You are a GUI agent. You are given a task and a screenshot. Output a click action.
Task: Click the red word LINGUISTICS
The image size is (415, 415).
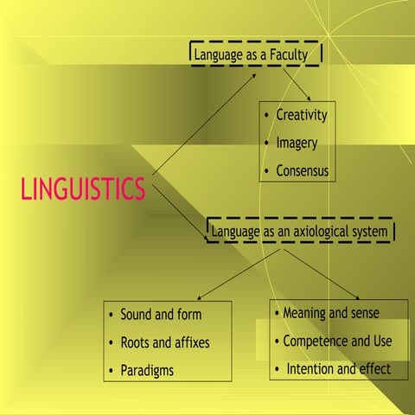click(x=83, y=188)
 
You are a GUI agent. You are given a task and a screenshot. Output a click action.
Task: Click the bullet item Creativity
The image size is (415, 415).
click(x=302, y=115)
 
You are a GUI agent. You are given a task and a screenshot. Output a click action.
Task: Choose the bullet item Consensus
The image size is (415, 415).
click(x=303, y=170)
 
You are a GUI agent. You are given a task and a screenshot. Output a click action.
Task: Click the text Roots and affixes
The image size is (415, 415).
click(x=164, y=342)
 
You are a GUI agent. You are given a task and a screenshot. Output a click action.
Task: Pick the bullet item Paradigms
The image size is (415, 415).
click(x=147, y=371)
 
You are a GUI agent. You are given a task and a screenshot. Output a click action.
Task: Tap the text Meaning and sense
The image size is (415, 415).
click(x=330, y=312)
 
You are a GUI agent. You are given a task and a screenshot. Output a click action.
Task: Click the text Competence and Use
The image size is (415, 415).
click(x=337, y=341)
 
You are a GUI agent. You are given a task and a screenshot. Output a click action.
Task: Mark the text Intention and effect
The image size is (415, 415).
click(x=338, y=369)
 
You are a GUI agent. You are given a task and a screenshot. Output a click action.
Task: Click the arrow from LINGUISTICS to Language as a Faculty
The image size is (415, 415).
click(x=204, y=128)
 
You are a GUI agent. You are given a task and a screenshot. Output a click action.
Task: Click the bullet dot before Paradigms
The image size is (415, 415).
click(x=112, y=372)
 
